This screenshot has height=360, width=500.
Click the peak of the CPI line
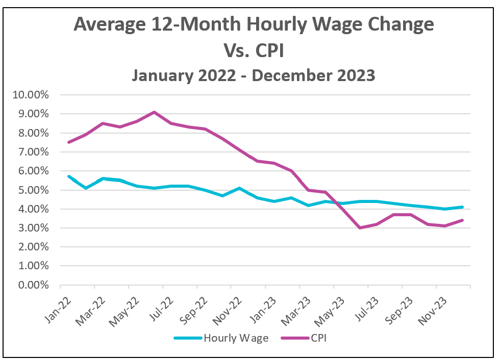click(x=154, y=112)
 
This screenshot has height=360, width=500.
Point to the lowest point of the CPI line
click(x=360, y=228)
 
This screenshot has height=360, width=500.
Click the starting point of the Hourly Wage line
click(x=68, y=176)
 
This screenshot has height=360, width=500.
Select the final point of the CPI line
click(x=462, y=220)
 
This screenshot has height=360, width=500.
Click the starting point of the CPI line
click(x=68, y=142)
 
